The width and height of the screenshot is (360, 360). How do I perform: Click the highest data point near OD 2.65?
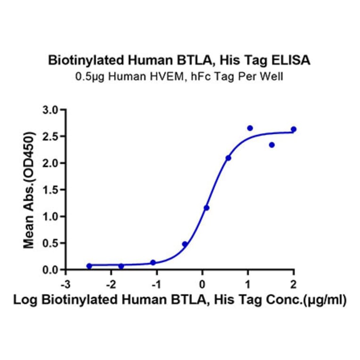[x=250, y=128]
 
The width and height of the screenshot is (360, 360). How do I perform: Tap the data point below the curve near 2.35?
[x=272, y=145]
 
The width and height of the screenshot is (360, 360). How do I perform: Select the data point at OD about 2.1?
[x=229, y=158]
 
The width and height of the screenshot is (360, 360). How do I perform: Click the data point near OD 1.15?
[x=206, y=208]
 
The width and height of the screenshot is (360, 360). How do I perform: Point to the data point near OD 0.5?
[x=185, y=244]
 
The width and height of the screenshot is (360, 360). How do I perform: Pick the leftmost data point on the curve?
[x=90, y=266]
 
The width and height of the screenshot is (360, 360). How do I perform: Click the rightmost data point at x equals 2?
[x=294, y=129]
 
